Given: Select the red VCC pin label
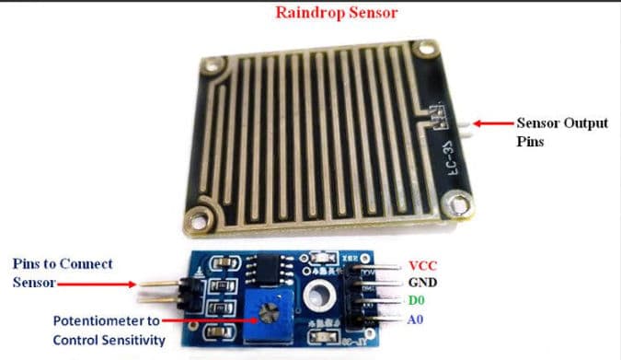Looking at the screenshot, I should [x=421, y=264].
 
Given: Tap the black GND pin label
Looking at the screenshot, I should [x=422, y=283].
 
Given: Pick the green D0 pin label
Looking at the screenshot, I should [x=418, y=301].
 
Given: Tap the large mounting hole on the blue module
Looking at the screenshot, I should [x=321, y=296].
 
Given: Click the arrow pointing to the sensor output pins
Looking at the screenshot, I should [x=491, y=123].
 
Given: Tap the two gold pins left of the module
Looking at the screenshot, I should [x=159, y=292].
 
